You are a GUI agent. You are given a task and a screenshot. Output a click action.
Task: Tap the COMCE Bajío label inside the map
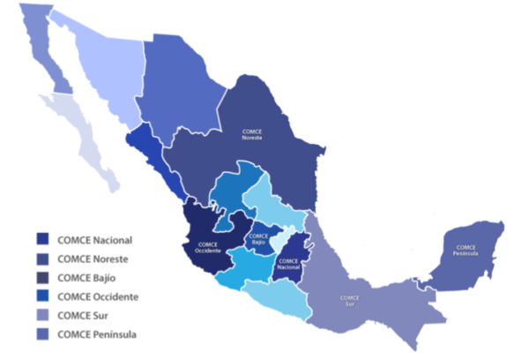click(x=258, y=236)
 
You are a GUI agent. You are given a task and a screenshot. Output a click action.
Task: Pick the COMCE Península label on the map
click(x=466, y=251)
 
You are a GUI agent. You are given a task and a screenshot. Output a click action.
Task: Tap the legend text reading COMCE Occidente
click(x=97, y=296)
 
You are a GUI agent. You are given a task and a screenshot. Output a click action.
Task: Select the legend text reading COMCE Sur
click(x=82, y=316)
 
